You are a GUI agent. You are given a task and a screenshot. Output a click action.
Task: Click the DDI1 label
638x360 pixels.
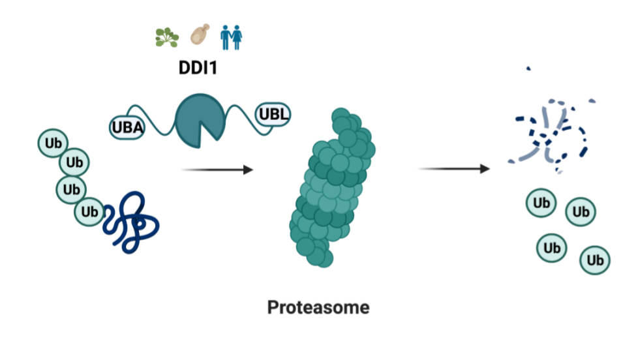pos(198,67)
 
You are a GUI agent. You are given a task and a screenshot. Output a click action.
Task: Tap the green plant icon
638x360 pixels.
pos(167,37)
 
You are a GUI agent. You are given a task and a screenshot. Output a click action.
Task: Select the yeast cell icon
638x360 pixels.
pos(200,36)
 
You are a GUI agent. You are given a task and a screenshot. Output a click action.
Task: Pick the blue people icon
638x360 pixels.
pos(230,37)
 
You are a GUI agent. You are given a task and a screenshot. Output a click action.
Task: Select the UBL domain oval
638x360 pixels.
pos(273,115)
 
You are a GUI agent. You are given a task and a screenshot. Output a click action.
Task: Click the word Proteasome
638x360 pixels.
pos(318,307)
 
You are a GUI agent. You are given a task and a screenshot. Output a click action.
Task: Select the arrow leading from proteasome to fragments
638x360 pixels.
pos(453,169)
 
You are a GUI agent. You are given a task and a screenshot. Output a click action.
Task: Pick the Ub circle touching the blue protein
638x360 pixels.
pos(90,212)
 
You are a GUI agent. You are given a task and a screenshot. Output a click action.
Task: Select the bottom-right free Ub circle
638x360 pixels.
pos(595,260)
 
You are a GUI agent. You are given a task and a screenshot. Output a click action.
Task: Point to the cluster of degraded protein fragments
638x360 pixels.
pos(551,134)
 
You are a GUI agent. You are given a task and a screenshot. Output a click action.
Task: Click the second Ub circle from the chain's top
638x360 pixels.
pos(74,162)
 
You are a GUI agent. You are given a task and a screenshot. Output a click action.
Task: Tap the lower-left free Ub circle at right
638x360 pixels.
pos(552,248)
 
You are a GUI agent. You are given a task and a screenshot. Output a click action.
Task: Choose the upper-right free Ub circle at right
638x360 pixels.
pos(580,212)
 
